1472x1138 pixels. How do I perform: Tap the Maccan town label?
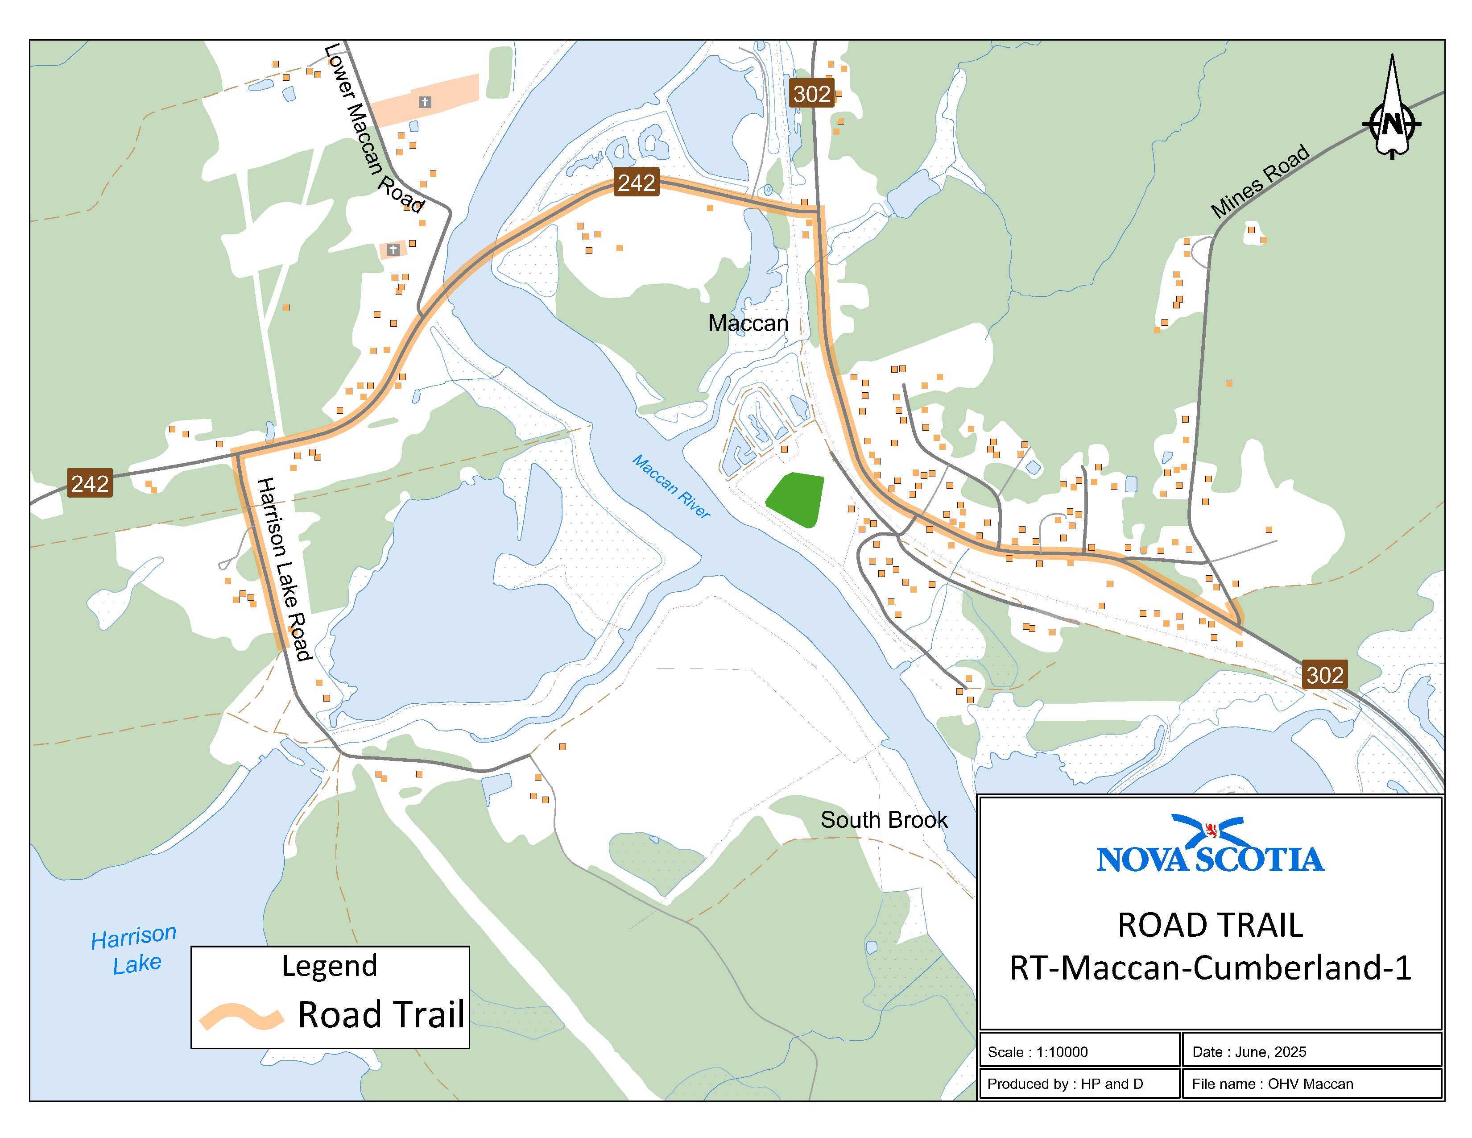(x=748, y=324)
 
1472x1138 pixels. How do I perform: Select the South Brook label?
(x=884, y=820)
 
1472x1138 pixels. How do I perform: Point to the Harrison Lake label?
(x=135, y=949)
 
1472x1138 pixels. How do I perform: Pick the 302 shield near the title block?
(x=1324, y=674)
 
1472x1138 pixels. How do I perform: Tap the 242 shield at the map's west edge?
(x=90, y=483)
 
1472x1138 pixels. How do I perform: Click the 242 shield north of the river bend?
(x=636, y=182)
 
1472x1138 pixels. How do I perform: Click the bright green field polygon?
(x=796, y=499)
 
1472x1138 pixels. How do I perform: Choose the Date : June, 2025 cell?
(x=1249, y=1052)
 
